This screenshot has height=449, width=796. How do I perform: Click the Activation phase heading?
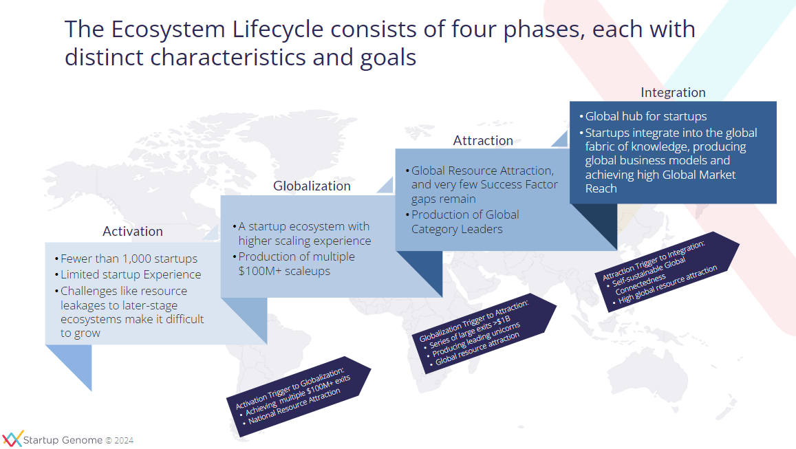click(x=133, y=231)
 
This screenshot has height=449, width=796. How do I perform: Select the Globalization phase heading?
click(x=312, y=186)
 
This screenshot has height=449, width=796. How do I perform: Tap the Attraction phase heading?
click(x=483, y=140)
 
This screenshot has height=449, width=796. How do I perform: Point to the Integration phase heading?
click(x=673, y=92)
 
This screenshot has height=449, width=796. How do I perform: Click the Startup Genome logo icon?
click(x=12, y=439)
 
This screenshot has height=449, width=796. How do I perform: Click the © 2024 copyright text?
click(x=119, y=440)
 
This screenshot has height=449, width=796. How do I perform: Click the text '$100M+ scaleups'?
click(x=284, y=271)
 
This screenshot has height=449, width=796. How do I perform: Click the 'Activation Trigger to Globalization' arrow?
click(x=299, y=397)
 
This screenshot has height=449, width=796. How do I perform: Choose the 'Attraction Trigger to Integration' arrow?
click(x=667, y=272)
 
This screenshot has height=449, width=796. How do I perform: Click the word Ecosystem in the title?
click(x=168, y=30)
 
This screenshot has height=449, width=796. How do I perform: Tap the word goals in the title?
click(x=388, y=58)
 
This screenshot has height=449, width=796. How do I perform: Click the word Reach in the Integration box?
click(x=601, y=188)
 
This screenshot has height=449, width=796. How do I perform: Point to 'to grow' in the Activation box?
click(x=80, y=333)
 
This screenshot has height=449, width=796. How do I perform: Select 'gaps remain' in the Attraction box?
click(x=443, y=199)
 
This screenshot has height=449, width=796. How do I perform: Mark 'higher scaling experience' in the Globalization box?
click(x=305, y=241)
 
